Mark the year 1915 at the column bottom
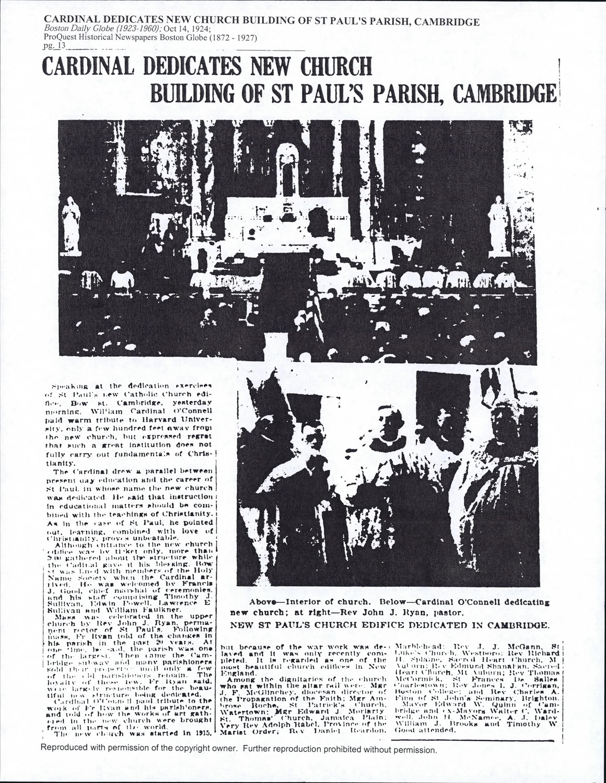[205, 733]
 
